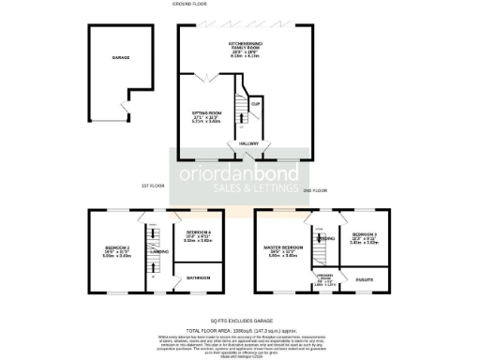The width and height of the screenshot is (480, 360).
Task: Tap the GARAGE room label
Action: (120, 57)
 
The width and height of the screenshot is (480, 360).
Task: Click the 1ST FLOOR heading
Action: (153, 186)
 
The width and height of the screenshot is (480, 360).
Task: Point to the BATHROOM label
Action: (198, 277)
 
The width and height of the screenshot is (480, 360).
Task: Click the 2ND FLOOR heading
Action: (315, 190)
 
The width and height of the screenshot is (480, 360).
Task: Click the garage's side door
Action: (123, 111)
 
